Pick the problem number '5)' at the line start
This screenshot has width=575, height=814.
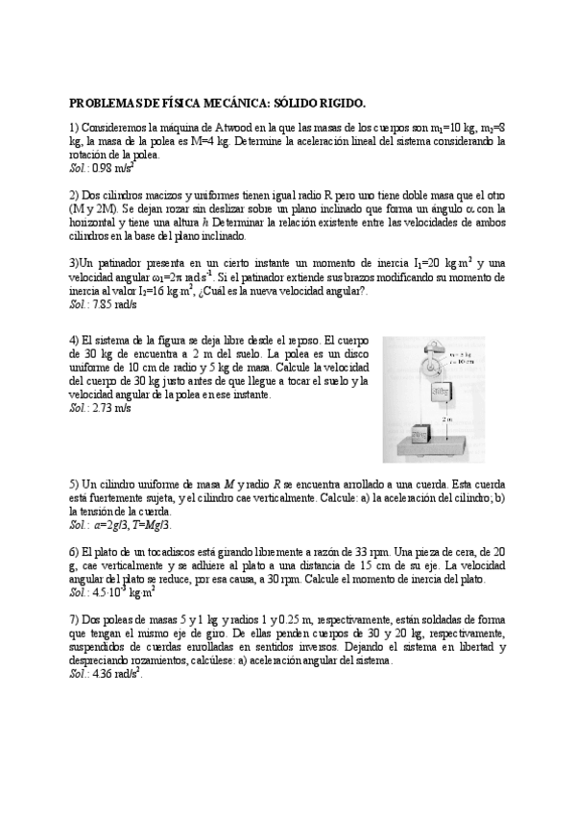point(74,485)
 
